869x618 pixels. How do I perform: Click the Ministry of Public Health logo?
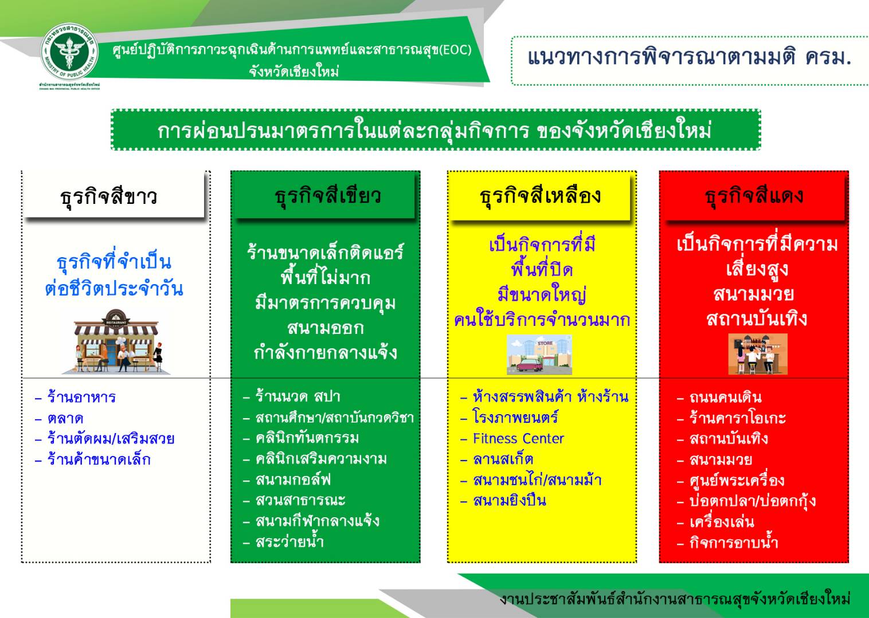click(69, 52)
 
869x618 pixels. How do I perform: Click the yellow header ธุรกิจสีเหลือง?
click(540, 196)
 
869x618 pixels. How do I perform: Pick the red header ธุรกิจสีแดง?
click(754, 196)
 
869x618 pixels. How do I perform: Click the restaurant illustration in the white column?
click(116, 341)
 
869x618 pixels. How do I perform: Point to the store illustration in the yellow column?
click(539, 355)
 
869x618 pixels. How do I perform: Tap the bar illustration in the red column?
click(758, 353)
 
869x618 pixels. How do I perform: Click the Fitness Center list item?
click(518, 439)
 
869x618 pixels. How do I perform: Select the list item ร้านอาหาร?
click(81, 397)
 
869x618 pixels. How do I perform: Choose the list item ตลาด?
click(65, 419)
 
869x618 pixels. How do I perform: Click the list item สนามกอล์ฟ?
click(293, 480)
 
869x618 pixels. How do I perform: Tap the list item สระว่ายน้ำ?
click(289, 541)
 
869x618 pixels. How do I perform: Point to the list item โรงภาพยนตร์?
click(515, 418)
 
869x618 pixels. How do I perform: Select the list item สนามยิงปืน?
click(510, 501)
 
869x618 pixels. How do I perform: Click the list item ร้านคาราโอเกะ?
click(738, 418)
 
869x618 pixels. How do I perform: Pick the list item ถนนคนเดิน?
click(726, 397)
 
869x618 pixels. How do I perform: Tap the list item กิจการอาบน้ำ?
click(734, 542)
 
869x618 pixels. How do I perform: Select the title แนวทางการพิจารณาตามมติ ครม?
click(690, 57)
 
